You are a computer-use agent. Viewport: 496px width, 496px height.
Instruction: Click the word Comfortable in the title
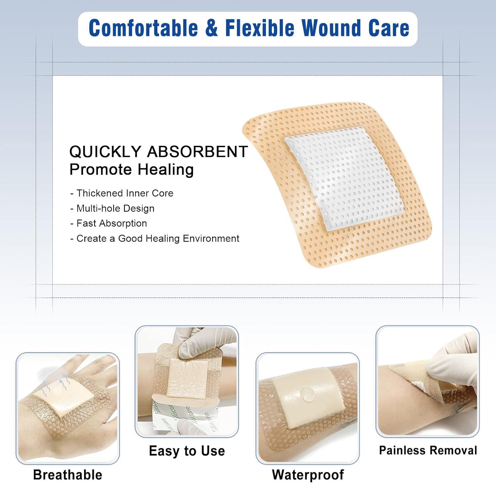pyautogui.click(x=143, y=28)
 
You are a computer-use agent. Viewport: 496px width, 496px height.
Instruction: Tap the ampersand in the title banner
pyautogui.click(x=212, y=28)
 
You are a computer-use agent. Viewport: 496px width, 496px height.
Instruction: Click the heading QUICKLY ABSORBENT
pyautogui.click(x=158, y=152)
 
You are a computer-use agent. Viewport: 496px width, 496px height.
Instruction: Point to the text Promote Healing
pyautogui.click(x=131, y=170)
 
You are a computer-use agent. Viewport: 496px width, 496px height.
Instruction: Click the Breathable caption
pyautogui.click(x=68, y=475)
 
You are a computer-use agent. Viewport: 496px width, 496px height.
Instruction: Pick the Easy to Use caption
pyautogui.click(x=187, y=451)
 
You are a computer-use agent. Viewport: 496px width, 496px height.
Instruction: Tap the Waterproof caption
pyautogui.click(x=308, y=475)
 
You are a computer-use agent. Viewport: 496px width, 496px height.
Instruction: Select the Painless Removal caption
pyautogui.click(x=428, y=450)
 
